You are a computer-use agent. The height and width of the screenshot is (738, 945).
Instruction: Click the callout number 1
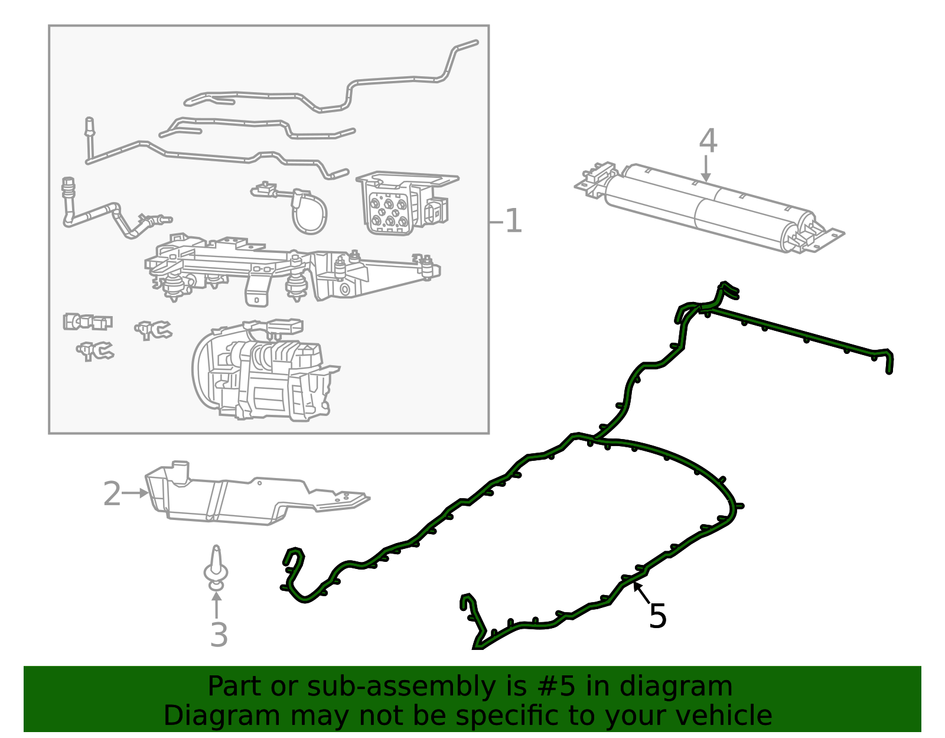pos(513,221)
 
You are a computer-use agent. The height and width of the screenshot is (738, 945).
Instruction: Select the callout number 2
pos(112,493)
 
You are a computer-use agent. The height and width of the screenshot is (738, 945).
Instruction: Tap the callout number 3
pos(219,635)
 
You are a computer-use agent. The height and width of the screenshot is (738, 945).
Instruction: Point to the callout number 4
pos(708,141)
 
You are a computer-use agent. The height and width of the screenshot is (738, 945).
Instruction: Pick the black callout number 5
pos(657,616)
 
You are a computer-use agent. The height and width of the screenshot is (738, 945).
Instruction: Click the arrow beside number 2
pos(135,493)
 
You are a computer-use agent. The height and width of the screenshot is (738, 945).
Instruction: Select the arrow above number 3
pos(216,604)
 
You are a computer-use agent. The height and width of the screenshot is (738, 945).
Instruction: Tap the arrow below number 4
pos(706,169)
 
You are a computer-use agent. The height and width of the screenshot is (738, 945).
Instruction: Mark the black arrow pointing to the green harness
pos(641,593)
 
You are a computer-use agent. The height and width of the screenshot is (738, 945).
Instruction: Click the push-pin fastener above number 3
pos(216,568)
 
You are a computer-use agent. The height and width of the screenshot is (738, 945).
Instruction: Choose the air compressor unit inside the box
pos(265,370)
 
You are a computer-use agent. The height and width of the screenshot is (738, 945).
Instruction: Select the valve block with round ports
pos(406,202)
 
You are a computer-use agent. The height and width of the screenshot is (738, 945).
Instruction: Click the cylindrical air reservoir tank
pos(709,208)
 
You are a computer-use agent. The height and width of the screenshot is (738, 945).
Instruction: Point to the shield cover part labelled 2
pos(256,493)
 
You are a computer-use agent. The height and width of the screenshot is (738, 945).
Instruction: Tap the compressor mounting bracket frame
pos(292,269)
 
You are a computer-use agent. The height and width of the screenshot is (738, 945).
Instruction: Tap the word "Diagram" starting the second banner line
pos(221,716)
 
